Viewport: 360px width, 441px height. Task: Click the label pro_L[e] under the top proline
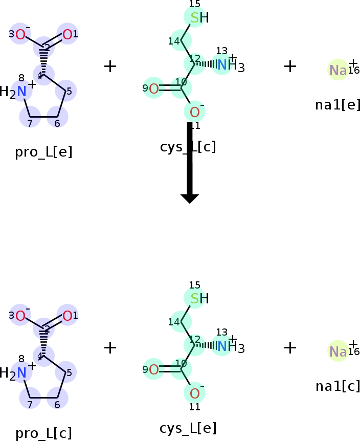[x=43, y=152]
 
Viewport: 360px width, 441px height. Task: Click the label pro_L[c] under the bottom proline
[x=43, y=433]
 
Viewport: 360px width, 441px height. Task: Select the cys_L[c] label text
[x=188, y=147]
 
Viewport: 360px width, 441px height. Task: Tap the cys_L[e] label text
[x=188, y=428]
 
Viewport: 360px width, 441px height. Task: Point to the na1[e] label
[x=337, y=105]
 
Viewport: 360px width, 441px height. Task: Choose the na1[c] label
[x=337, y=386]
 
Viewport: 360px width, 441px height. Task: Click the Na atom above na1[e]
[x=337, y=70]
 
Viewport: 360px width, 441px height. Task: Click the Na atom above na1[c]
[x=337, y=351]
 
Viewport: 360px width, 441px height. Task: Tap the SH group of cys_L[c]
[x=198, y=18]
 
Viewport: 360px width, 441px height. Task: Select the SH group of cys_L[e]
[x=198, y=299]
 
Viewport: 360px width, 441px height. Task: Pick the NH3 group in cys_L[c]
[x=230, y=65]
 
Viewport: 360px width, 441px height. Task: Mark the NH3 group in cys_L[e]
[x=230, y=347]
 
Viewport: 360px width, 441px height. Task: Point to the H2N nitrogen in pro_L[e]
[x=20, y=92]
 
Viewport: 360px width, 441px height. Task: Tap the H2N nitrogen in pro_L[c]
[x=20, y=372]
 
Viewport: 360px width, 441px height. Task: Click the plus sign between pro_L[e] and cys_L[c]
[x=110, y=66]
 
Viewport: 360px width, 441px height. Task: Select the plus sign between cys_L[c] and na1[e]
[x=290, y=66]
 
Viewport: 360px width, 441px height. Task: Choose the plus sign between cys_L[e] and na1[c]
[x=290, y=347]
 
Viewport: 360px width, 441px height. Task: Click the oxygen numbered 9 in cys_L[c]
[x=153, y=89]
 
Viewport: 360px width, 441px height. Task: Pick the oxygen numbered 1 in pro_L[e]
[x=67, y=35]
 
